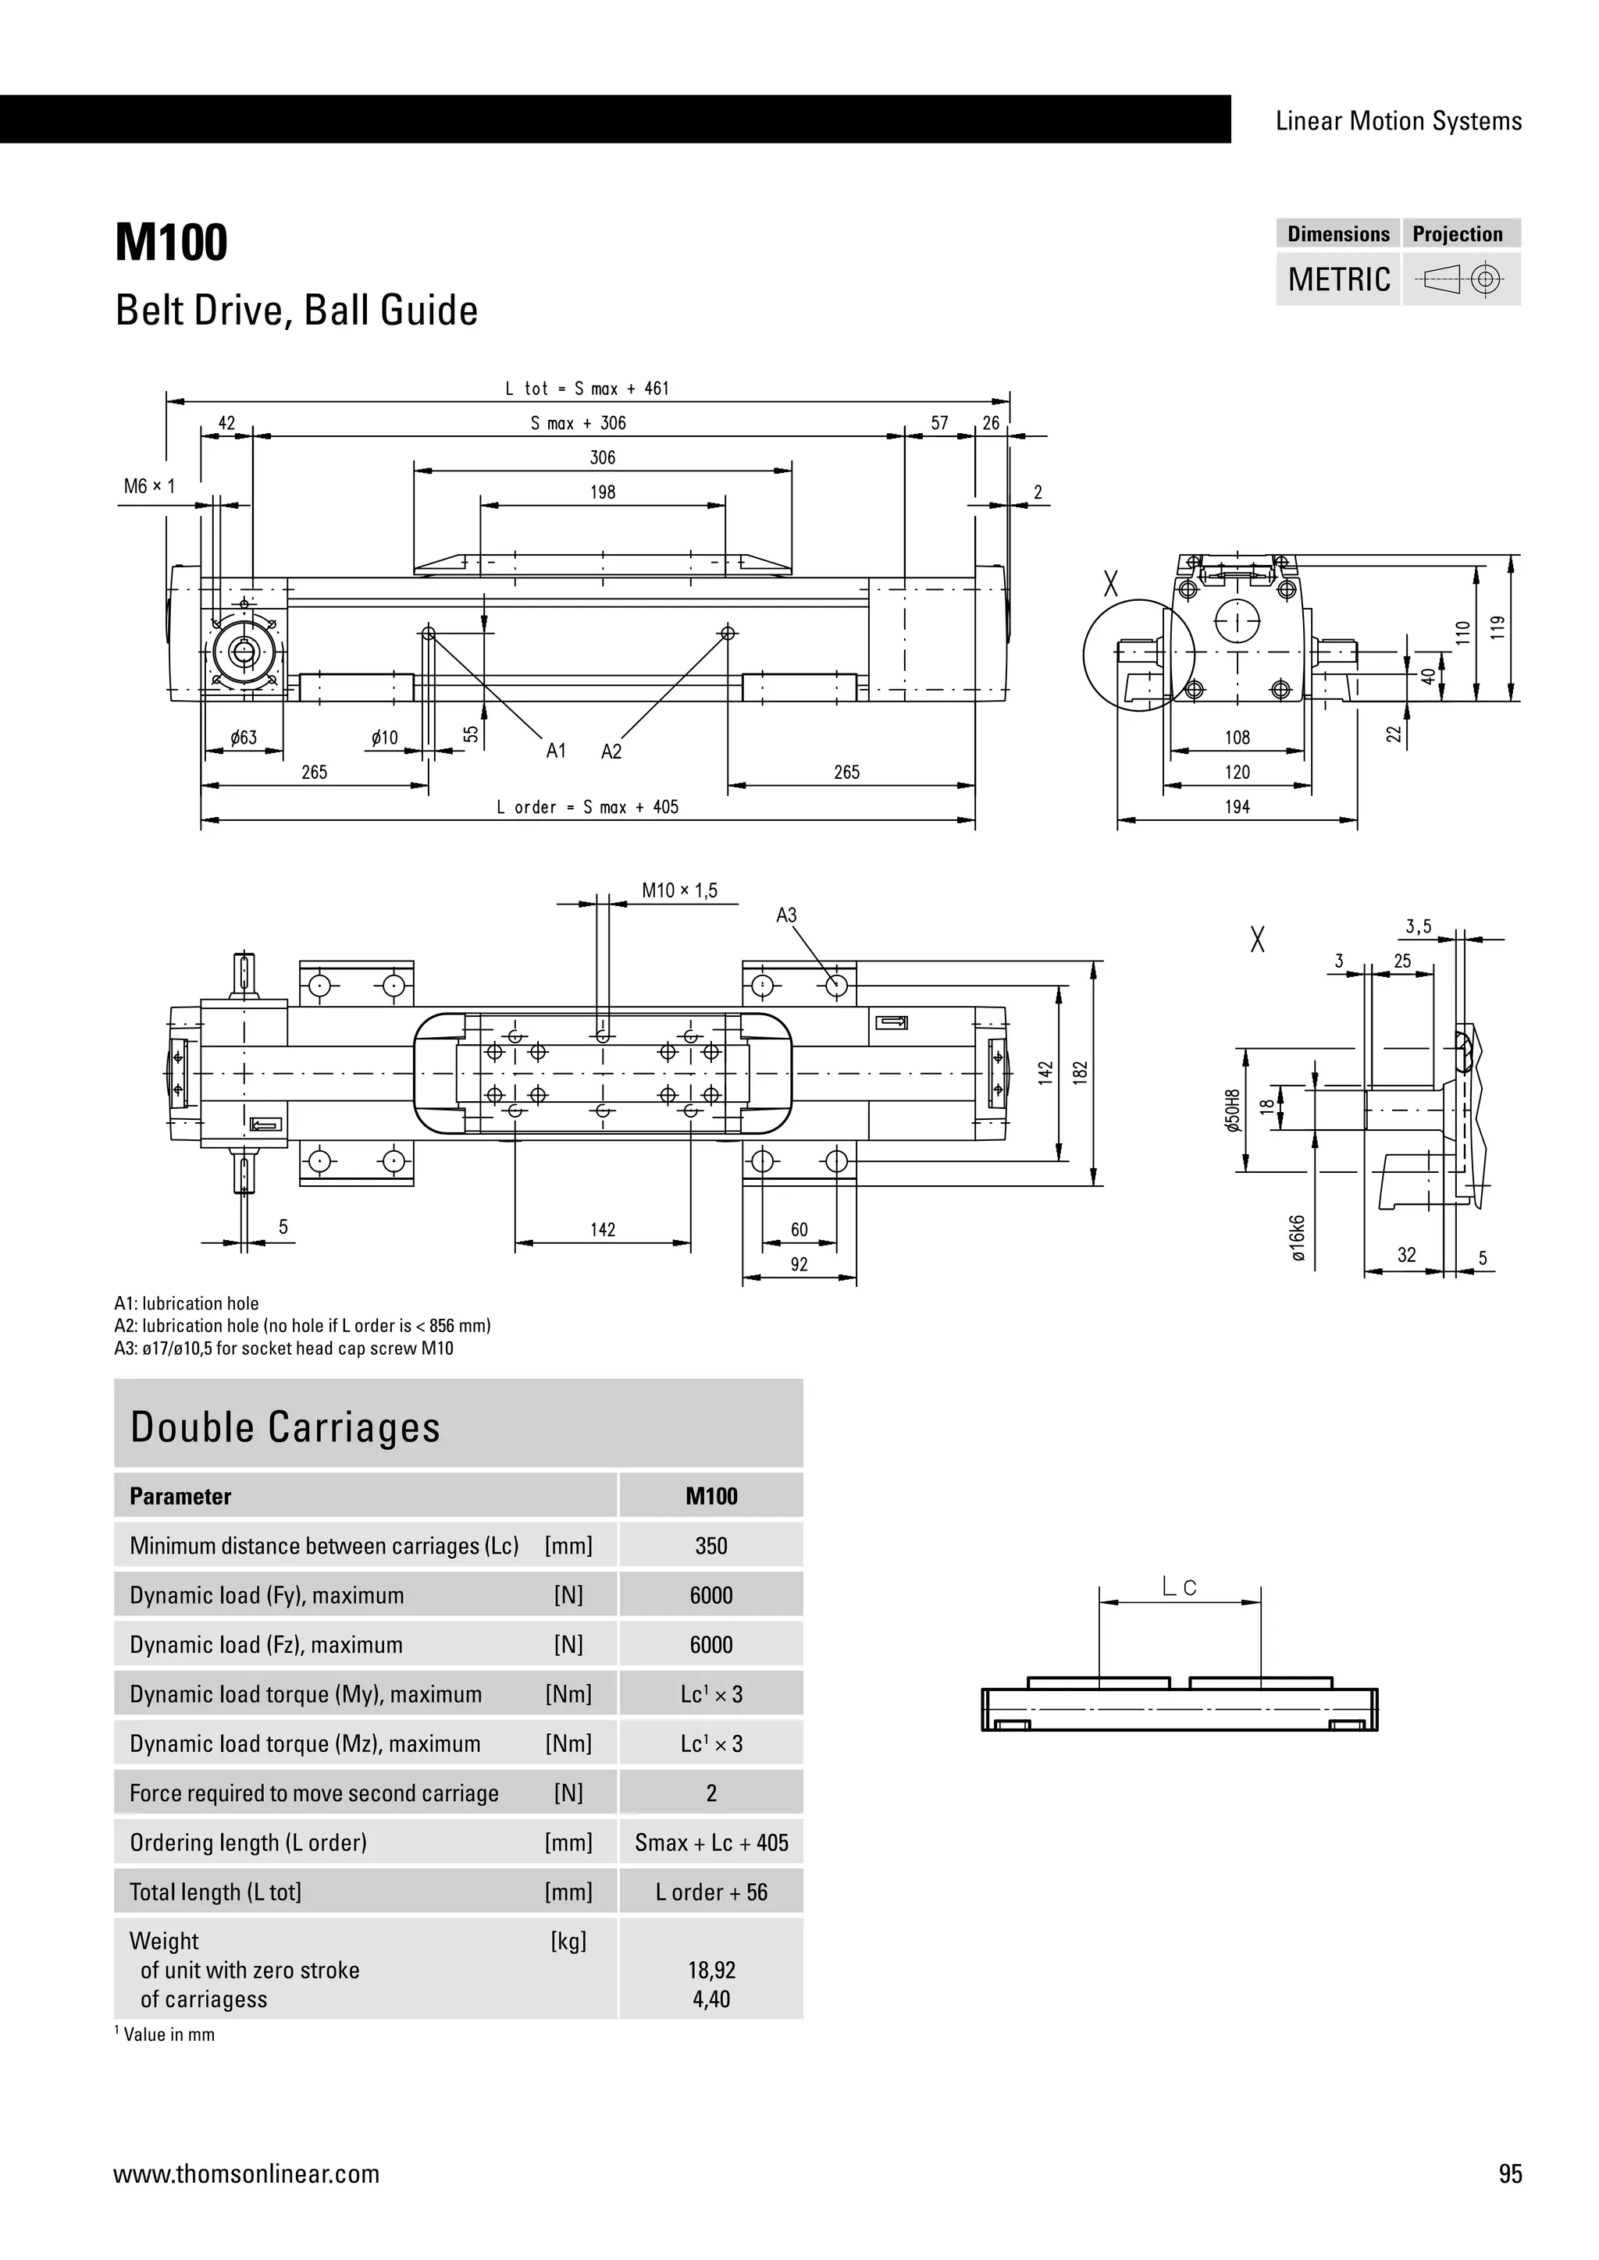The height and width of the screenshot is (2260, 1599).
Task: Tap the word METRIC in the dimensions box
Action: pyautogui.click(x=1339, y=279)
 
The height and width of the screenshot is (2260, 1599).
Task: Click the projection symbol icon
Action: pyautogui.click(x=1461, y=280)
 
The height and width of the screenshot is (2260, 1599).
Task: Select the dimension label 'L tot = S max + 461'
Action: pyautogui.click(x=587, y=389)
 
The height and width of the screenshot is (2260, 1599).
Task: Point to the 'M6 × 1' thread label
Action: pyautogui.click(x=148, y=486)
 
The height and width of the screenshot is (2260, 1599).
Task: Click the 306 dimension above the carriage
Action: pyautogui.click(x=603, y=458)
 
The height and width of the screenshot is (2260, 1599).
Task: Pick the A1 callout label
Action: pyautogui.click(x=557, y=751)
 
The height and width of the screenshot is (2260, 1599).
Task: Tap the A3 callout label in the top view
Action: pyautogui.click(x=785, y=915)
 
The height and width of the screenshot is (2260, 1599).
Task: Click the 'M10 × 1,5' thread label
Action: pyautogui.click(x=679, y=890)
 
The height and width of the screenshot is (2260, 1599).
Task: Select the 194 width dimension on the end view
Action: pyautogui.click(x=1237, y=807)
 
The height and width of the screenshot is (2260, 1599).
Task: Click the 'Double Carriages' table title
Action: pyautogui.click(x=286, y=1427)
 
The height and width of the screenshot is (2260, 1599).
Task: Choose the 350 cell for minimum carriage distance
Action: pyautogui.click(x=711, y=1545)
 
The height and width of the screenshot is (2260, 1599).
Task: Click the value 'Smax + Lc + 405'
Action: pyautogui.click(x=711, y=1842)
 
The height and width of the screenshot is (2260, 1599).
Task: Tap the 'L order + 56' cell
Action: pyautogui.click(x=711, y=1892)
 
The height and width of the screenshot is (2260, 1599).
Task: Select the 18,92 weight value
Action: pyautogui.click(x=711, y=1970)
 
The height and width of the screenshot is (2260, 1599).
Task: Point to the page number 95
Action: pyautogui.click(x=1509, y=2173)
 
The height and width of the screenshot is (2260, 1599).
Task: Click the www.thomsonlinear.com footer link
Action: pyautogui.click(x=246, y=2173)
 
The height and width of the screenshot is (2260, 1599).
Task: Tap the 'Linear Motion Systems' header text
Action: pyautogui.click(x=1398, y=121)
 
